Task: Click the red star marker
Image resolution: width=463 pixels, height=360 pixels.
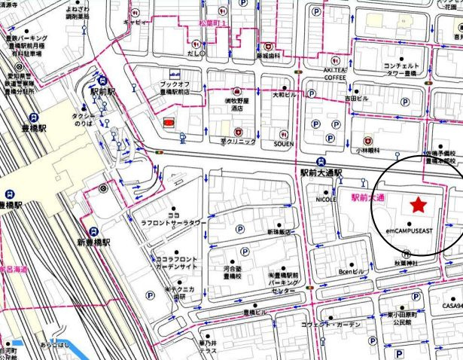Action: pyautogui.click(x=417, y=204)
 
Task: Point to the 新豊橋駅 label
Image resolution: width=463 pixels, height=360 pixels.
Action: pyautogui.click(x=93, y=243)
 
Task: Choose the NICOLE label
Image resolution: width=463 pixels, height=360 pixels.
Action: pyautogui.click(x=324, y=200)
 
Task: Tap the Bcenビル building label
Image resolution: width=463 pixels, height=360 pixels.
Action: pyautogui.click(x=352, y=270)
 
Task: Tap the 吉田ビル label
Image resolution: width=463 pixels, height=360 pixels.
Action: pyautogui.click(x=356, y=97)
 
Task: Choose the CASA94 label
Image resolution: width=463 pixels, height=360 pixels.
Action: pyautogui.click(x=452, y=306)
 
